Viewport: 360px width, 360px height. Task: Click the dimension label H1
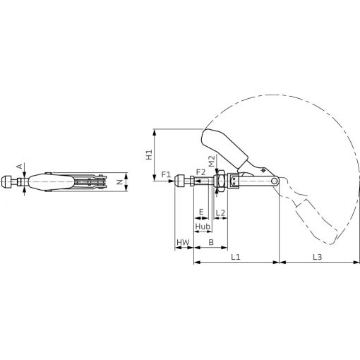149,155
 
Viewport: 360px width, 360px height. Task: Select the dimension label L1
235,257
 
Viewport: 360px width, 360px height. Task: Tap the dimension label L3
317,257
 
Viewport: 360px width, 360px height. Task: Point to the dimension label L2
220,212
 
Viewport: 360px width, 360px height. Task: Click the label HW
183,242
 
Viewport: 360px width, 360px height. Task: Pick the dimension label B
211,242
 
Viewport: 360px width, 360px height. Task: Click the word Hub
203,227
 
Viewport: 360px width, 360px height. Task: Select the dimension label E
201,212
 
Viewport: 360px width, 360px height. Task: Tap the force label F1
166,174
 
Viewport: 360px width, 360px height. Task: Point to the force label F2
200,172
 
